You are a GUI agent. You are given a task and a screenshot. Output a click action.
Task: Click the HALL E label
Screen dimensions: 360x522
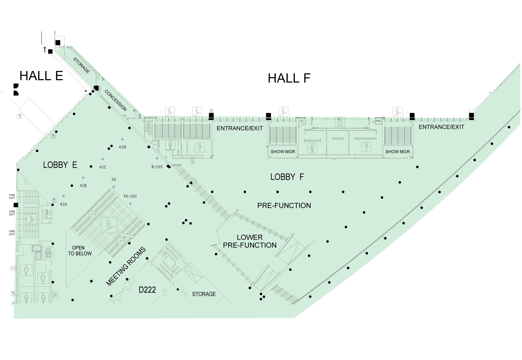(41, 76)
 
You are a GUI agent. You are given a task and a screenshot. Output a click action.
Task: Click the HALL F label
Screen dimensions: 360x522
(289, 78)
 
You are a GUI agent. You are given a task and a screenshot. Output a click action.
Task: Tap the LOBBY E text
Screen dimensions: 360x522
(60, 165)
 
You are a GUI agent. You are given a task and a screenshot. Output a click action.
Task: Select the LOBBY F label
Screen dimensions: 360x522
(287, 177)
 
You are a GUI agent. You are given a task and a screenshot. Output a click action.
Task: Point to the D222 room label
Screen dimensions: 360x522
(147, 290)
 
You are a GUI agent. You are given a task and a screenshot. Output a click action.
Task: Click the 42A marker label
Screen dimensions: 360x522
(63, 204)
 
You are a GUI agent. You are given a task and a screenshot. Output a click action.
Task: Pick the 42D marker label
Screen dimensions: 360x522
(122, 147)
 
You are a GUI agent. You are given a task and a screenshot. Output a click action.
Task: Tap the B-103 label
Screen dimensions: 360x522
(157, 167)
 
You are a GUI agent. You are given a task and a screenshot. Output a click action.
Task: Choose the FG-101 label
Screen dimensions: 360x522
(130, 196)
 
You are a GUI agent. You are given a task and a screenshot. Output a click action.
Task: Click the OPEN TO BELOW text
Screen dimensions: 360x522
(79, 251)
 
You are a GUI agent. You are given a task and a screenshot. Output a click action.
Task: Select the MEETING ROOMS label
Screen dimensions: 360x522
(126, 266)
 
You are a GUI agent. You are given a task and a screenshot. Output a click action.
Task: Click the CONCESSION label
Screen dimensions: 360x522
(115, 100)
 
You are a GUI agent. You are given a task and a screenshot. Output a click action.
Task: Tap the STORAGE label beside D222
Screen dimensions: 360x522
(204, 294)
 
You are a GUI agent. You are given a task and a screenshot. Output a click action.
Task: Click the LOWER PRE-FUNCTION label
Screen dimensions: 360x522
(250, 241)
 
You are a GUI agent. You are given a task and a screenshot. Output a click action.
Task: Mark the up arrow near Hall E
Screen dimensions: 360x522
(45, 49)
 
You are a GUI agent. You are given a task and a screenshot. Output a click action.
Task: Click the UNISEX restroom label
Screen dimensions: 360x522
(377, 121)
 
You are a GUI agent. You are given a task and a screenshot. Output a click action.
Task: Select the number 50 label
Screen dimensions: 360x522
(113, 180)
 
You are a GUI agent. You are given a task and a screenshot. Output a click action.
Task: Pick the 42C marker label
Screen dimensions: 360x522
(103, 167)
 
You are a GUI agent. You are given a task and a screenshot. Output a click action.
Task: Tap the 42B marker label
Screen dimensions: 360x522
(83, 186)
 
